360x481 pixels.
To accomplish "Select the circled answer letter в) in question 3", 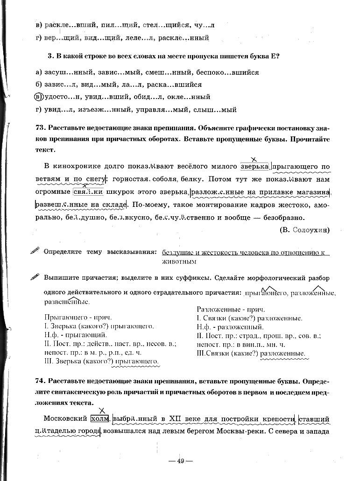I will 39,97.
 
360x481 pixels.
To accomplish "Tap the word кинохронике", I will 80,166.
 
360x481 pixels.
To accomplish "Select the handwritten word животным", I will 179,262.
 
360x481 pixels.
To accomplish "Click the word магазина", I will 312,192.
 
